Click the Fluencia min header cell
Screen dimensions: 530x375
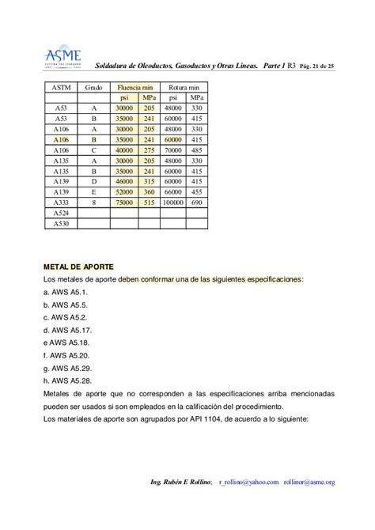(x=135, y=86)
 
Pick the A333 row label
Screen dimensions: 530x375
(x=61, y=202)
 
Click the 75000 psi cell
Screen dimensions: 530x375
(x=123, y=202)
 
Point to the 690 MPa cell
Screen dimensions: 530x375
(x=197, y=202)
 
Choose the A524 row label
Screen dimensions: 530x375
(x=61, y=213)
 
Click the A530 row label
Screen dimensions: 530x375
(x=61, y=223)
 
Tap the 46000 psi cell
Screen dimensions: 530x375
(x=123, y=180)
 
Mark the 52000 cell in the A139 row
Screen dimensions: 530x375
(x=123, y=191)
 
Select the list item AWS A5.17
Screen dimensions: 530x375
(x=69, y=330)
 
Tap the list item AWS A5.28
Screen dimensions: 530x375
(x=69, y=380)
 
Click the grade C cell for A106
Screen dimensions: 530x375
(x=94, y=149)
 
